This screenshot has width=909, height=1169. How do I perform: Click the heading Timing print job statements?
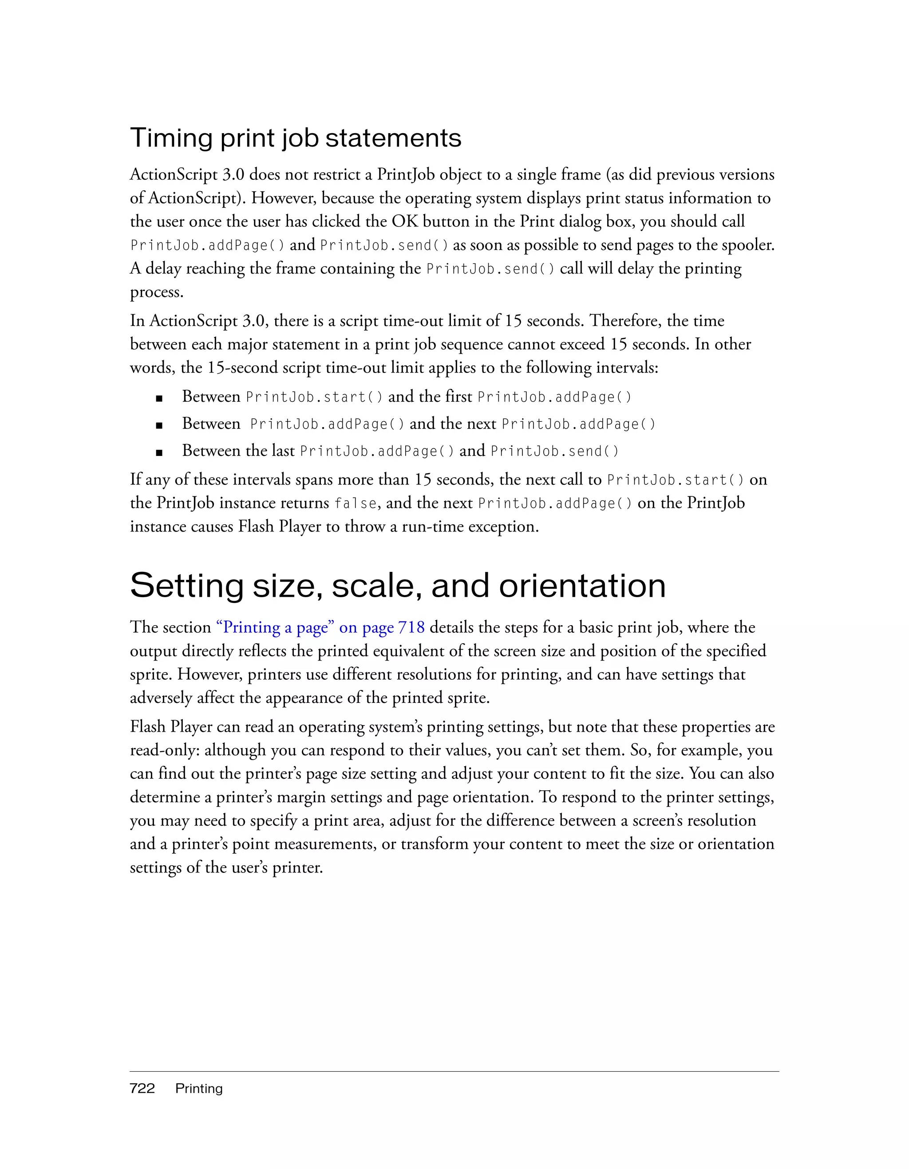[x=295, y=138]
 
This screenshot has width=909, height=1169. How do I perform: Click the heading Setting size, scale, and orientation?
[x=398, y=586]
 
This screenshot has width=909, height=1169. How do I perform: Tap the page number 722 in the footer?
[x=142, y=1088]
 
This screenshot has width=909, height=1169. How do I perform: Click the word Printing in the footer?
[x=198, y=1089]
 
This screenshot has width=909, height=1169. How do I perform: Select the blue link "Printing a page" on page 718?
[x=320, y=627]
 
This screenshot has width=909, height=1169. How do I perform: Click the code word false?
[x=355, y=503]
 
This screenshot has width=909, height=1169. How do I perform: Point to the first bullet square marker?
[x=159, y=398]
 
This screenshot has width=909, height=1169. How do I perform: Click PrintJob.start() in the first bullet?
[x=314, y=397]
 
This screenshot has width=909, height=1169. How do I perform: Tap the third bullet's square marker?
[x=159, y=452]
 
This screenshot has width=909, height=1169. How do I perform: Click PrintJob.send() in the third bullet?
[x=554, y=451]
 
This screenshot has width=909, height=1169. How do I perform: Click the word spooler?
[x=747, y=245]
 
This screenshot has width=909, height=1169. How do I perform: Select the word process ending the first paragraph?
[x=156, y=292]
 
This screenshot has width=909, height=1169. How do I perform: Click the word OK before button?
[x=404, y=222]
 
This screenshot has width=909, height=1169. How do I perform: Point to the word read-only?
[x=165, y=750]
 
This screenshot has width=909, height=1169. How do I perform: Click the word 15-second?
[x=242, y=368]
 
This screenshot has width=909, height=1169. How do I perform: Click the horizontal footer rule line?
[x=454, y=1072]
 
